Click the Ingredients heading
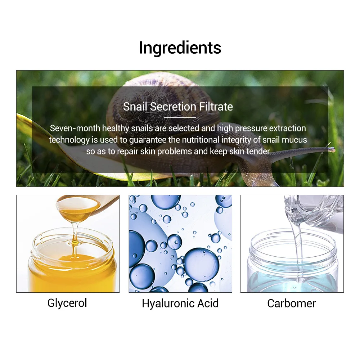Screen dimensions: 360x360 pos(180,48)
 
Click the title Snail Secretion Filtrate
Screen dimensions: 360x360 pos(178,107)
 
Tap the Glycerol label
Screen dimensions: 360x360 pos(67,303)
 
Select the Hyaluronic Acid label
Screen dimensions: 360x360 pos(180,303)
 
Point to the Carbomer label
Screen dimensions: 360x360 pos(291,303)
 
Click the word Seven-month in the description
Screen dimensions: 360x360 pos(75,128)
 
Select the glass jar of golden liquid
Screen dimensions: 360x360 pos(72,263)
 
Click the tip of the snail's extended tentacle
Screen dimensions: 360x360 pos(333,150)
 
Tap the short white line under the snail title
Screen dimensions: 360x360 pos(180,117)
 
